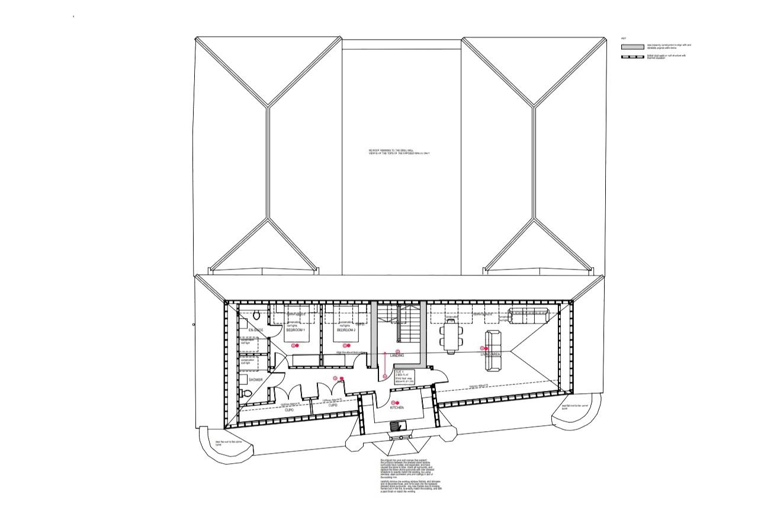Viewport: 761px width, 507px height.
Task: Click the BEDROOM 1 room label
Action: pos(295,330)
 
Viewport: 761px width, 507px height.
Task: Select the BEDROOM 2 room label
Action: pos(346,330)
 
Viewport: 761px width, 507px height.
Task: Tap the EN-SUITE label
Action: pos(255,329)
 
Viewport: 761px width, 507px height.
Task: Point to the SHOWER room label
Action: pos(255,380)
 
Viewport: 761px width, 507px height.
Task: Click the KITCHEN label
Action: pos(397,408)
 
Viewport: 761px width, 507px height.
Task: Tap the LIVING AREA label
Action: pos(491,354)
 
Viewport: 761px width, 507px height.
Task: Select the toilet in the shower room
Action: pos(246,393)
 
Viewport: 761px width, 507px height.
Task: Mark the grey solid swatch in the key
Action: pos(632,46)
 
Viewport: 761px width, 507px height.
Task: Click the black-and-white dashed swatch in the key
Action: pos(632,57)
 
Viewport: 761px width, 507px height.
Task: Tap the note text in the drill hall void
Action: pos(399,152)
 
